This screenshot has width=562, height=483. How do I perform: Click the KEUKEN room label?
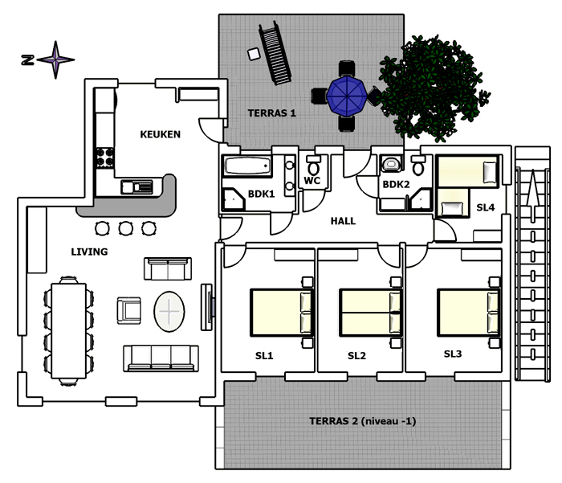click(x=160, y=134)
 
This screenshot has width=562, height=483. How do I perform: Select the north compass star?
click(x=55, y=59)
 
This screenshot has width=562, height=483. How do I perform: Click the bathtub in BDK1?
click(x=246, y=166)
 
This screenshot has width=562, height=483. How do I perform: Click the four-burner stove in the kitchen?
click(x=105, y=158)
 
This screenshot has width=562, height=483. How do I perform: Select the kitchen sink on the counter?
click(x=136, y=186)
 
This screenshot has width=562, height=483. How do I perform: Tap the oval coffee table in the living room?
click(x=169, y=312)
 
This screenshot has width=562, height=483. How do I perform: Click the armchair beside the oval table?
click(x=128, y=310)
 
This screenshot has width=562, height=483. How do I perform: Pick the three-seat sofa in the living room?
click(x=161, y=358)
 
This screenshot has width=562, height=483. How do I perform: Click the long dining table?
click(x=69, y=330)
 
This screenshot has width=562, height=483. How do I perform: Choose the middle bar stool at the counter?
click(x=126, y=228)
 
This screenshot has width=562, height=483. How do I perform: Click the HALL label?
click(x=343, y=221)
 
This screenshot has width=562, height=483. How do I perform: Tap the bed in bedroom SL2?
click(x=371, y=313)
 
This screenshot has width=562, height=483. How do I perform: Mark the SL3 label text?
click(x=453, y=354)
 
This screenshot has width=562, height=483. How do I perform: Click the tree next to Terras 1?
click(x=434, y=87)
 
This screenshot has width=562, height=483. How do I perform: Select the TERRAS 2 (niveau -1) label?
click(x=362, y=421)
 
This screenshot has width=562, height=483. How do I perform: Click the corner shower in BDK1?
click(x=234, y=199)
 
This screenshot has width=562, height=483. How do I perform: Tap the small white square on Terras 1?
click(x=254, y=54)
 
